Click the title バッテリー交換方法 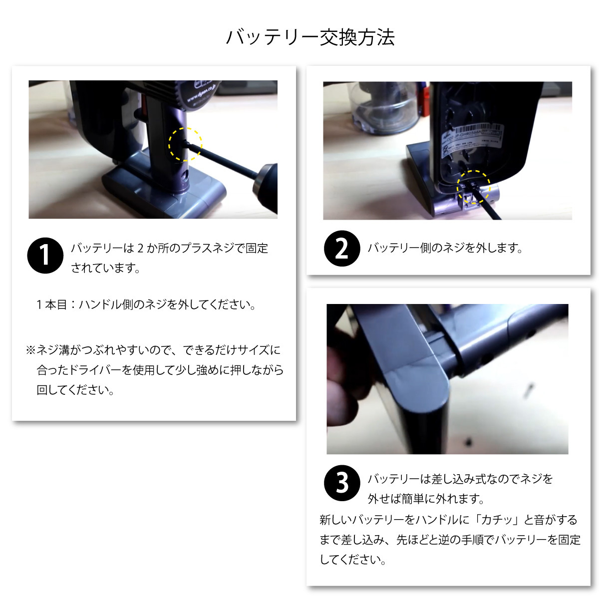[x=310, y=37]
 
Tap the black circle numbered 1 [x=45, y=256]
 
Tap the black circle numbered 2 [x=342, y=249]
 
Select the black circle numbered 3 [x=342, y=483]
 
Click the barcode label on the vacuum [x=473, y=137]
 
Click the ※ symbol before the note [x=31, y=350]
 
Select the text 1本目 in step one [x=51, y=304]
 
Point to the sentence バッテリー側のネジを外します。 [x=445, y=248]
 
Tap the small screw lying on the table [x=528, y=391]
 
